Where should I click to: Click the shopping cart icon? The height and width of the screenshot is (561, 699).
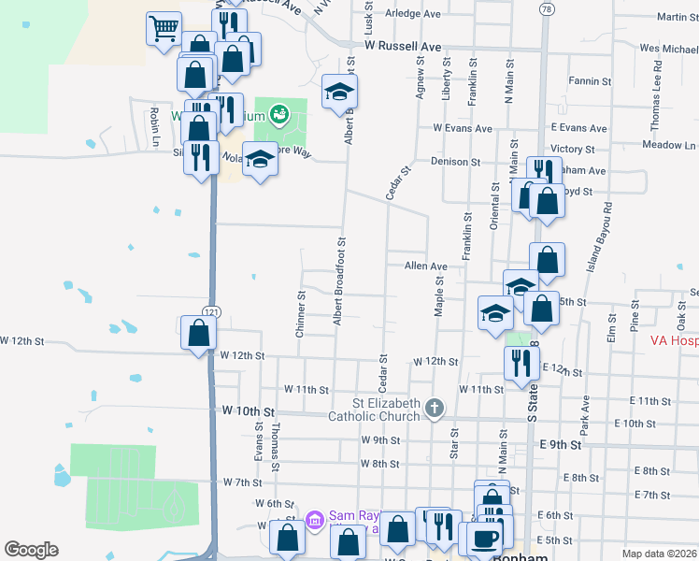tap(164, 28)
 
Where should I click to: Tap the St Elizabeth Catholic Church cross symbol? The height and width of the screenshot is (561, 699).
tap(434, 407)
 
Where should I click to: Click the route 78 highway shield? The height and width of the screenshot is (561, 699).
tap(546, 7)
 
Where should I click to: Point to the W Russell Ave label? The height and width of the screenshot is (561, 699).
tap(403, 45)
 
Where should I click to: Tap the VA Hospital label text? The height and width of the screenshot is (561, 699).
tap(674, 341)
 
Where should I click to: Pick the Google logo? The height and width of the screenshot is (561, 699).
tap(32, 549)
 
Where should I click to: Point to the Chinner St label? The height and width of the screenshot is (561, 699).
tap(301, 315)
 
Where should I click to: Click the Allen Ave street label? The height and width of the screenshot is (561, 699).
tap(426, 266)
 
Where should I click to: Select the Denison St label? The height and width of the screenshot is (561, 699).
tap(455, 162)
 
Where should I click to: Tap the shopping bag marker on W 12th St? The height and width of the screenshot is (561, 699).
tap(198, 332)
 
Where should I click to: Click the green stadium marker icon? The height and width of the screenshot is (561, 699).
tap(278, 116)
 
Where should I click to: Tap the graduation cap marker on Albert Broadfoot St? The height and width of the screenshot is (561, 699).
tap(339, 92)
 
